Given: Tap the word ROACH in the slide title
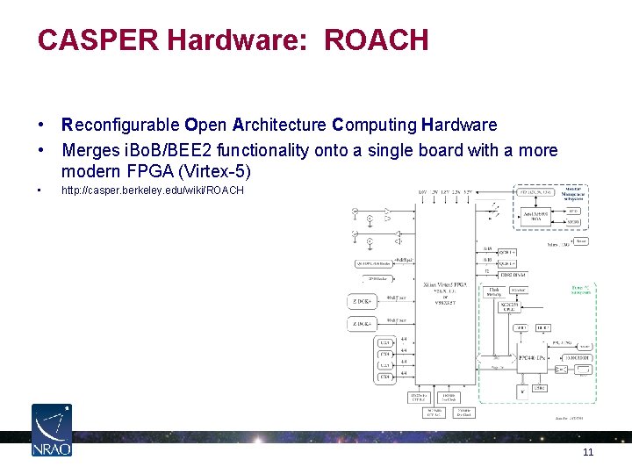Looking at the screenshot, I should click(376, 39).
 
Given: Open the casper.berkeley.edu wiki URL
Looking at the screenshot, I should click(152, 190).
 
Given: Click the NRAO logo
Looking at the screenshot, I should click(52, 429).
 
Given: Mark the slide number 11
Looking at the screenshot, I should click(588, 452).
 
